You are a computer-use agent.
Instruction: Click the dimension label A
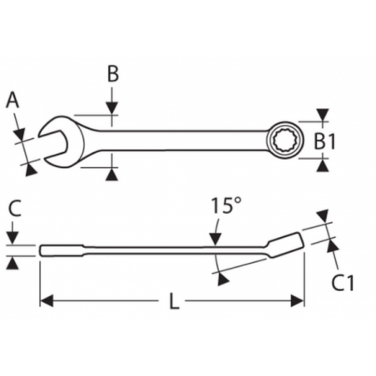pyautogui.click(x=12, y=100)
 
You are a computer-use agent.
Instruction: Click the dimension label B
pyautogui.click(x=113, y=74)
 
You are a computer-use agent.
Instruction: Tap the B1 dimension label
pyautogui.click(x=324, y=141)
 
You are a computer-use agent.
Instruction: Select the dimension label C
pyautogui.click(x=15, y=208)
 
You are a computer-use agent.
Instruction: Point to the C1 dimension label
pyautogui.click(x=343, y=283)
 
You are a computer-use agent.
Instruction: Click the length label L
pyautogui.click(x=174, y=301)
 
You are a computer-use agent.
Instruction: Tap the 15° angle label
pyautogui.click(x=226, y=205)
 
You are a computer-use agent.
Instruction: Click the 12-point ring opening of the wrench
pyautogui.click(x=284, y=141)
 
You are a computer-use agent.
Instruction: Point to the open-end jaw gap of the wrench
pyautogui.click(x=52, y=141)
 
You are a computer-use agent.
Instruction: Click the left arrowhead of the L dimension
pyautogui.click(x=47, y=301)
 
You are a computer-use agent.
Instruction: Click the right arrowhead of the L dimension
pyautogui.click(x=297, y=301)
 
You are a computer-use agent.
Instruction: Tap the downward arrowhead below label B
pyautogui.click(x=111, y=108)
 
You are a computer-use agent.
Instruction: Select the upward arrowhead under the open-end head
pyautogui.click(x=111, y=176)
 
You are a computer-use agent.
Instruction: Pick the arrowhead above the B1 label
pyautogui.click(x=323, y=115)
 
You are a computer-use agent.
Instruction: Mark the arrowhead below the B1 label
pyautogui.click(x=323, y=166)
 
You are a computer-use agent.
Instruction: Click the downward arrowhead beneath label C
pyautogui.click(x=12, y=239)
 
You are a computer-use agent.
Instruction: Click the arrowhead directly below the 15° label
pyautogui.click(x=215, y=240)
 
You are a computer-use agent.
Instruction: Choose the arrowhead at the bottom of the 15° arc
pyautogui.click(x=223, y=280)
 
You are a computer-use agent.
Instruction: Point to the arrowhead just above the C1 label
pyautogui.click(x=332, y=246)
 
